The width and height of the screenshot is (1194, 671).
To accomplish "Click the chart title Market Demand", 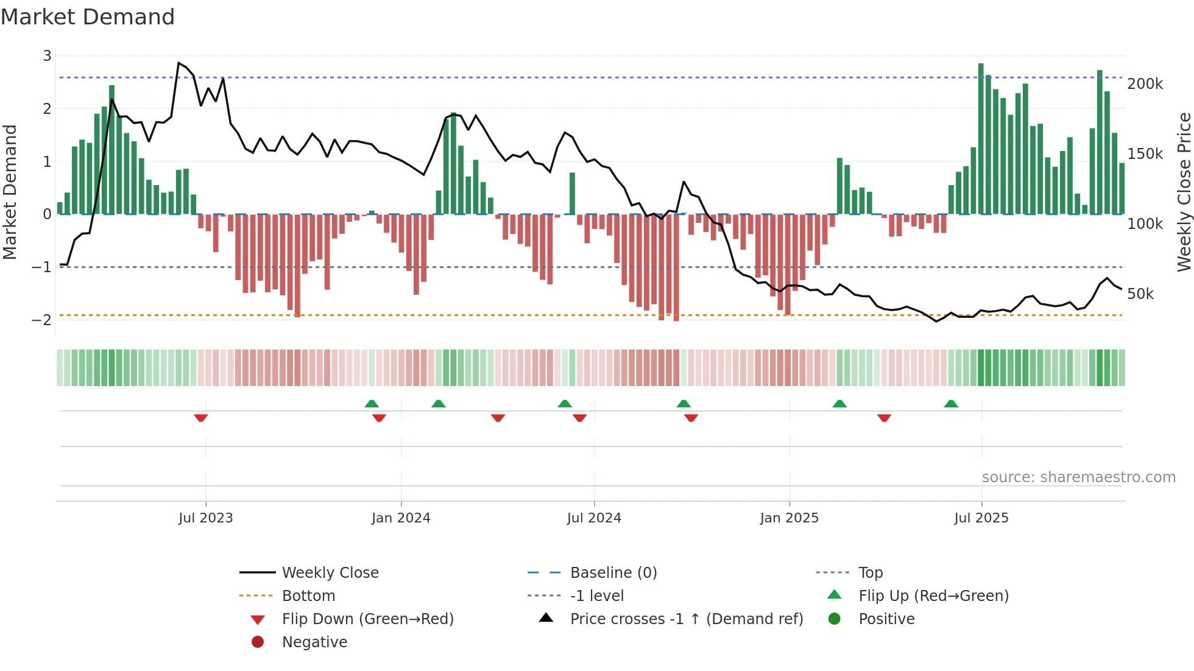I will (88, 17).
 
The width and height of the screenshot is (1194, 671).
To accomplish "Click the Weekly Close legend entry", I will (330, 572).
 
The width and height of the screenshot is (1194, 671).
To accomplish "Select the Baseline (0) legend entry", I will (613, 572).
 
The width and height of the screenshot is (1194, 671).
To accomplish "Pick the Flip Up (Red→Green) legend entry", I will (933, 595).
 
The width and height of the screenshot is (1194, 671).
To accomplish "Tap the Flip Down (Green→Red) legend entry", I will (367, 619).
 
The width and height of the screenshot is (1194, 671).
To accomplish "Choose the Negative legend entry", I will (314, 642).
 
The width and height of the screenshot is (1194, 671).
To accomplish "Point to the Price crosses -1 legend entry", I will (686, 619).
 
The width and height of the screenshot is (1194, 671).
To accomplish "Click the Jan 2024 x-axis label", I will (401, 518).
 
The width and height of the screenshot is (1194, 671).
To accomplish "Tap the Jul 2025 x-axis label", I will (981, 518).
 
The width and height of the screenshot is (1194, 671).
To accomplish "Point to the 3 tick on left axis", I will (47, 56).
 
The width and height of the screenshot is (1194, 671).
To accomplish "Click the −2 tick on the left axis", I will (42, 320).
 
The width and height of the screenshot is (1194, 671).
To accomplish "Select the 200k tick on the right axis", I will (1145, 83).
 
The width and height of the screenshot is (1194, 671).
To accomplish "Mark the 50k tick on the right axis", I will (1140, 293).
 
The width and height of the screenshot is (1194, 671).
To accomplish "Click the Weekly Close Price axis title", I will (1184, 192).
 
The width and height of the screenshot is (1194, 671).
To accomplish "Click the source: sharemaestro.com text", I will (1078, 477).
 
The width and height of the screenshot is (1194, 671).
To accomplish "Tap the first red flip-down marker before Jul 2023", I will (201, 418).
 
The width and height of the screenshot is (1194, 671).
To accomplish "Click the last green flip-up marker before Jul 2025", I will (951, 404).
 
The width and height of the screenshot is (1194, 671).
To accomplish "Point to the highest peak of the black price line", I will (178, 63).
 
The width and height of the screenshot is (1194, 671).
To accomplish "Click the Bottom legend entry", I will (308, 595).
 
